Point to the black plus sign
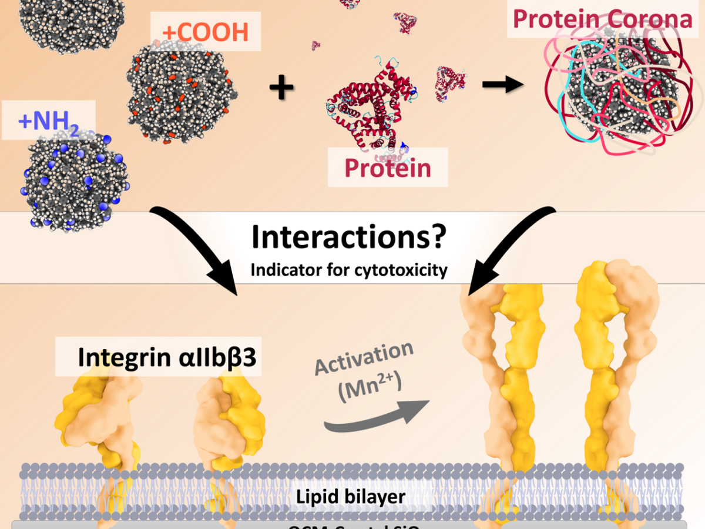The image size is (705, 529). pos(281,88)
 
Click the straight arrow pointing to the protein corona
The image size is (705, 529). pos(502,85)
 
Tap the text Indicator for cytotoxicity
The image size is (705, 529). pos(349,270)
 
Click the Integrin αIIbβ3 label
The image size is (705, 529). pos(167,358)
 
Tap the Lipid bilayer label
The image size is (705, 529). pos(350,496)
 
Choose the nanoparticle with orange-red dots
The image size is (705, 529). pos(182,92)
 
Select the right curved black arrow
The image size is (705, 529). pos(511,247)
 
